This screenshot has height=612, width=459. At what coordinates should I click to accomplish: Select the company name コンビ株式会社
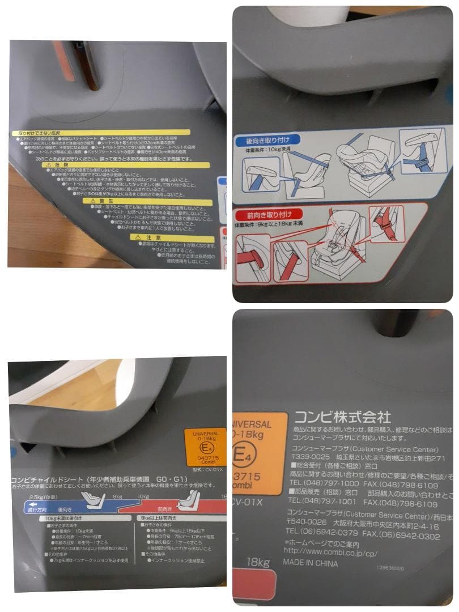point(342,418)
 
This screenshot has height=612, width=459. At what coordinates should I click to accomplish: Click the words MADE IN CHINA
point(311,563)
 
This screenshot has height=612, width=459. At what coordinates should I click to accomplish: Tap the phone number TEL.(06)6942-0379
point(322,532)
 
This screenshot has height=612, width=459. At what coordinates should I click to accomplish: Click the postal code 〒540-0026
point(307,521)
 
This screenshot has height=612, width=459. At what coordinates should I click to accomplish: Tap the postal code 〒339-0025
point(307,458)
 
